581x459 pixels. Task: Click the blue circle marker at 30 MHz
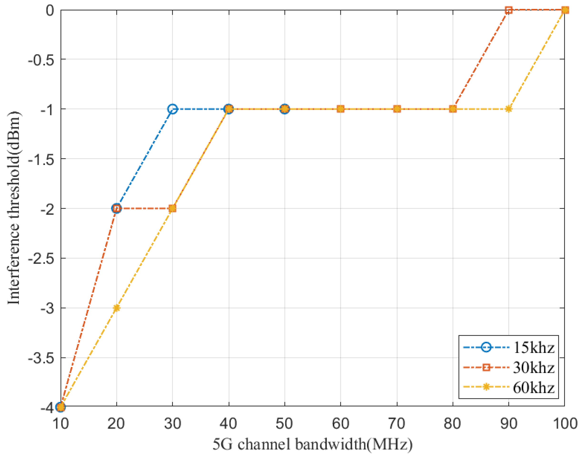point(173,109)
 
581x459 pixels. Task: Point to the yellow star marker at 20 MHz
point(116,308)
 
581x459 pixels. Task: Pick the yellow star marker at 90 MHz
point(508,109)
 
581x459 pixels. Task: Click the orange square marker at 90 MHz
point(508,10)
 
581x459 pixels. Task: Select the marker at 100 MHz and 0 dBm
point(565,10)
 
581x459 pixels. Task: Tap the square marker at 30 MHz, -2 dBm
point(173,208)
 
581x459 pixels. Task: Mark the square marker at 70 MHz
point(397,109)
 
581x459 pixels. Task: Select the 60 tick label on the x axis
point(340,424)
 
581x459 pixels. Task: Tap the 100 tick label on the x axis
point(565,424)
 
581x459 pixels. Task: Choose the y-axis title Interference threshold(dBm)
point(14,208)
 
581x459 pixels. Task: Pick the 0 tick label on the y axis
point(50,11)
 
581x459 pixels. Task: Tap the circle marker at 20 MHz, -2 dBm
point(116,208)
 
